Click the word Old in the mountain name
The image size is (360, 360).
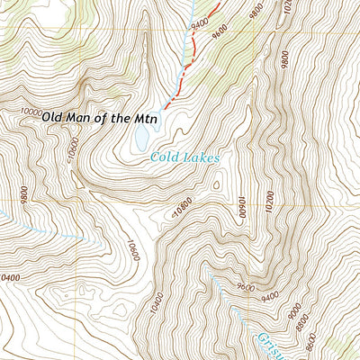pos(56,118)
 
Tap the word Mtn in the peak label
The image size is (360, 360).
pos(148,118)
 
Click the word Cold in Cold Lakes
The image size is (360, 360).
pos(166,157)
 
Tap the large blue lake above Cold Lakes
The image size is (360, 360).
pos(141,137)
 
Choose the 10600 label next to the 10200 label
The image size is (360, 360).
pos(240,208)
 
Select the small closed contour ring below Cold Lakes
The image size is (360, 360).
pos(216,185)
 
